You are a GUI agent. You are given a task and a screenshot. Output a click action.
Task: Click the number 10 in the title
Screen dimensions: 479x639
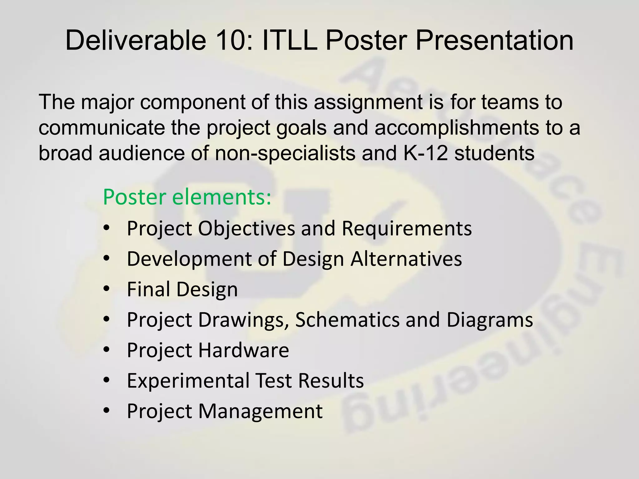click(x=230, y=41)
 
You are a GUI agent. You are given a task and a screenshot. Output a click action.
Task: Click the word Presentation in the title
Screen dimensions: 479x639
click(x=494, y=41)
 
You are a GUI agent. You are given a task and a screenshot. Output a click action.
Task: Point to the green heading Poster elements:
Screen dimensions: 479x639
click(x=187, y=197)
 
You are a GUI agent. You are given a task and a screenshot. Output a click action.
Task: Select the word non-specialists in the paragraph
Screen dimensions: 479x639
click(x=285, y=153)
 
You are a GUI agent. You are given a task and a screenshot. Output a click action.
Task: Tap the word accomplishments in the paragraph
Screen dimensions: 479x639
click(x=456, y=128)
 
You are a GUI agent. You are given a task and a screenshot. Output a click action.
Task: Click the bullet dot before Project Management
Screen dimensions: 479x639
click(x=107, y=411)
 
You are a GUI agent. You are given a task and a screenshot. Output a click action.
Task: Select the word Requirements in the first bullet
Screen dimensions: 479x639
click(x=407, y=229)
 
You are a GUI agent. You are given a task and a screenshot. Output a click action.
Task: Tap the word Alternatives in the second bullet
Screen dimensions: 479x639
click(x=406, y=259)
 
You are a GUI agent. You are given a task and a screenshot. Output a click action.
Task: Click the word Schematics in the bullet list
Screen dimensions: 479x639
click(x=347, y=320)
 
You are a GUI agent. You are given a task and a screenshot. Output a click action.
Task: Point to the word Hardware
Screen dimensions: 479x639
click(x=244, y=350)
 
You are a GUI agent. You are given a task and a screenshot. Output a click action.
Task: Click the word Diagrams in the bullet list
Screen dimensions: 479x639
click(x=490, y=320)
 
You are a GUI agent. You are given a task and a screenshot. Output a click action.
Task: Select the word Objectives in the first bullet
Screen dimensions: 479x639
click(x=246, y=229)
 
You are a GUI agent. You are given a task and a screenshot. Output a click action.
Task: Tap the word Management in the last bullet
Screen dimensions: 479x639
click(x=260, y=411)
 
